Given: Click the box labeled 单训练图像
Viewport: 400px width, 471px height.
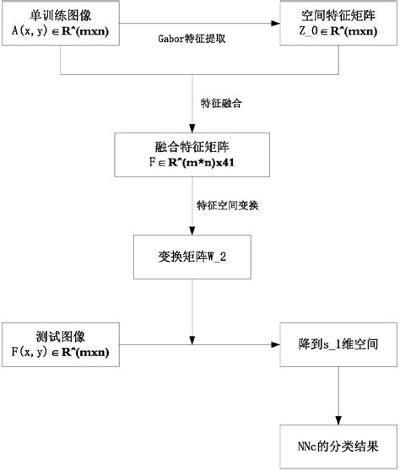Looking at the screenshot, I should click(61, 23).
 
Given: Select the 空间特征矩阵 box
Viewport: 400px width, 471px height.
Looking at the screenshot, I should click(338, 23).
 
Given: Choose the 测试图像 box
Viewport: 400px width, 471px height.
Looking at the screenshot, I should click(61, 344).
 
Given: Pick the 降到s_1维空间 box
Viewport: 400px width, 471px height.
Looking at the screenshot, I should click(338, 344).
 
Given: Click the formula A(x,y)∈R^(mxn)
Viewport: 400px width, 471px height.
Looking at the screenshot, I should click(61, 31).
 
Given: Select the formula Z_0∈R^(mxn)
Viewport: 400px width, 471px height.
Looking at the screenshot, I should click(338, 31).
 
